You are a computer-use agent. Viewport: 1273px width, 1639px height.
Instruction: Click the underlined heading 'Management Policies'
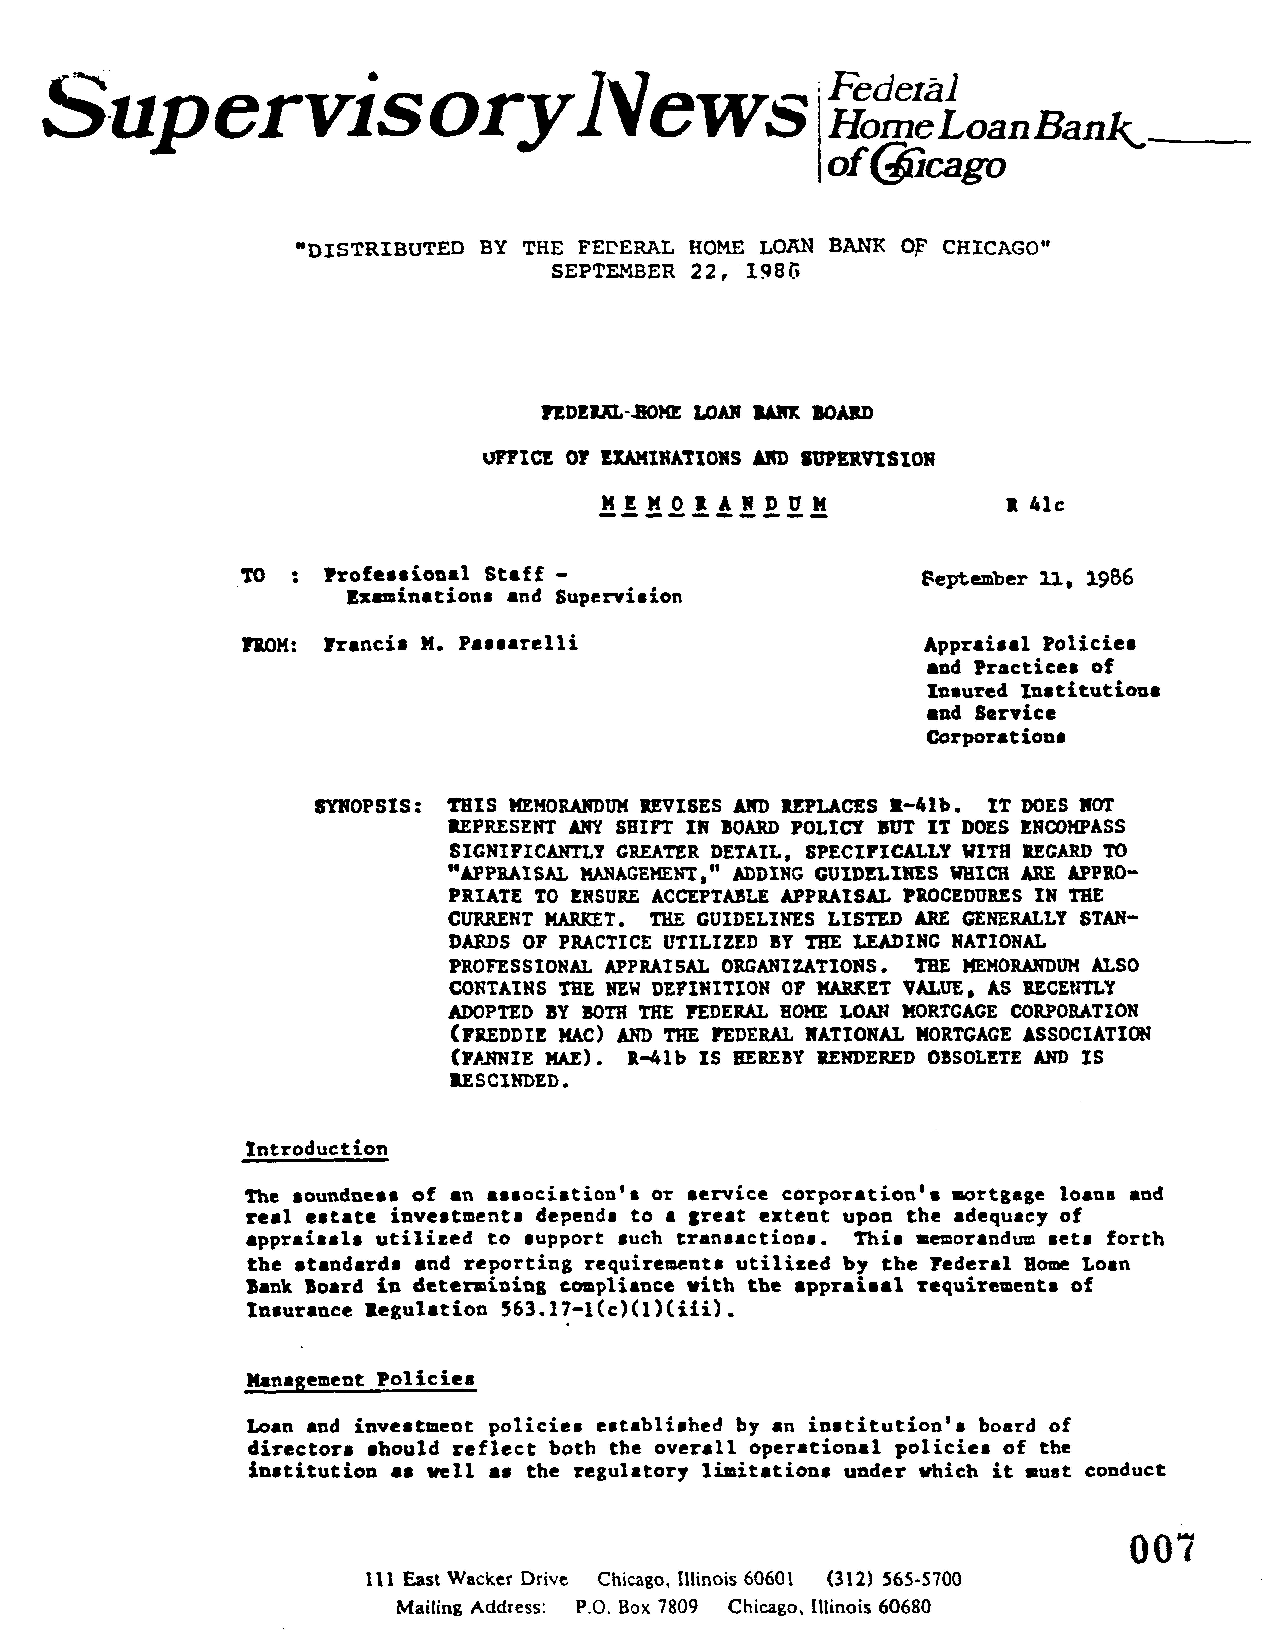[360, 1379]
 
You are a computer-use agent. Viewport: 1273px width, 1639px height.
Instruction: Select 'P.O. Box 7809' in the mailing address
[637, 1607]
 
